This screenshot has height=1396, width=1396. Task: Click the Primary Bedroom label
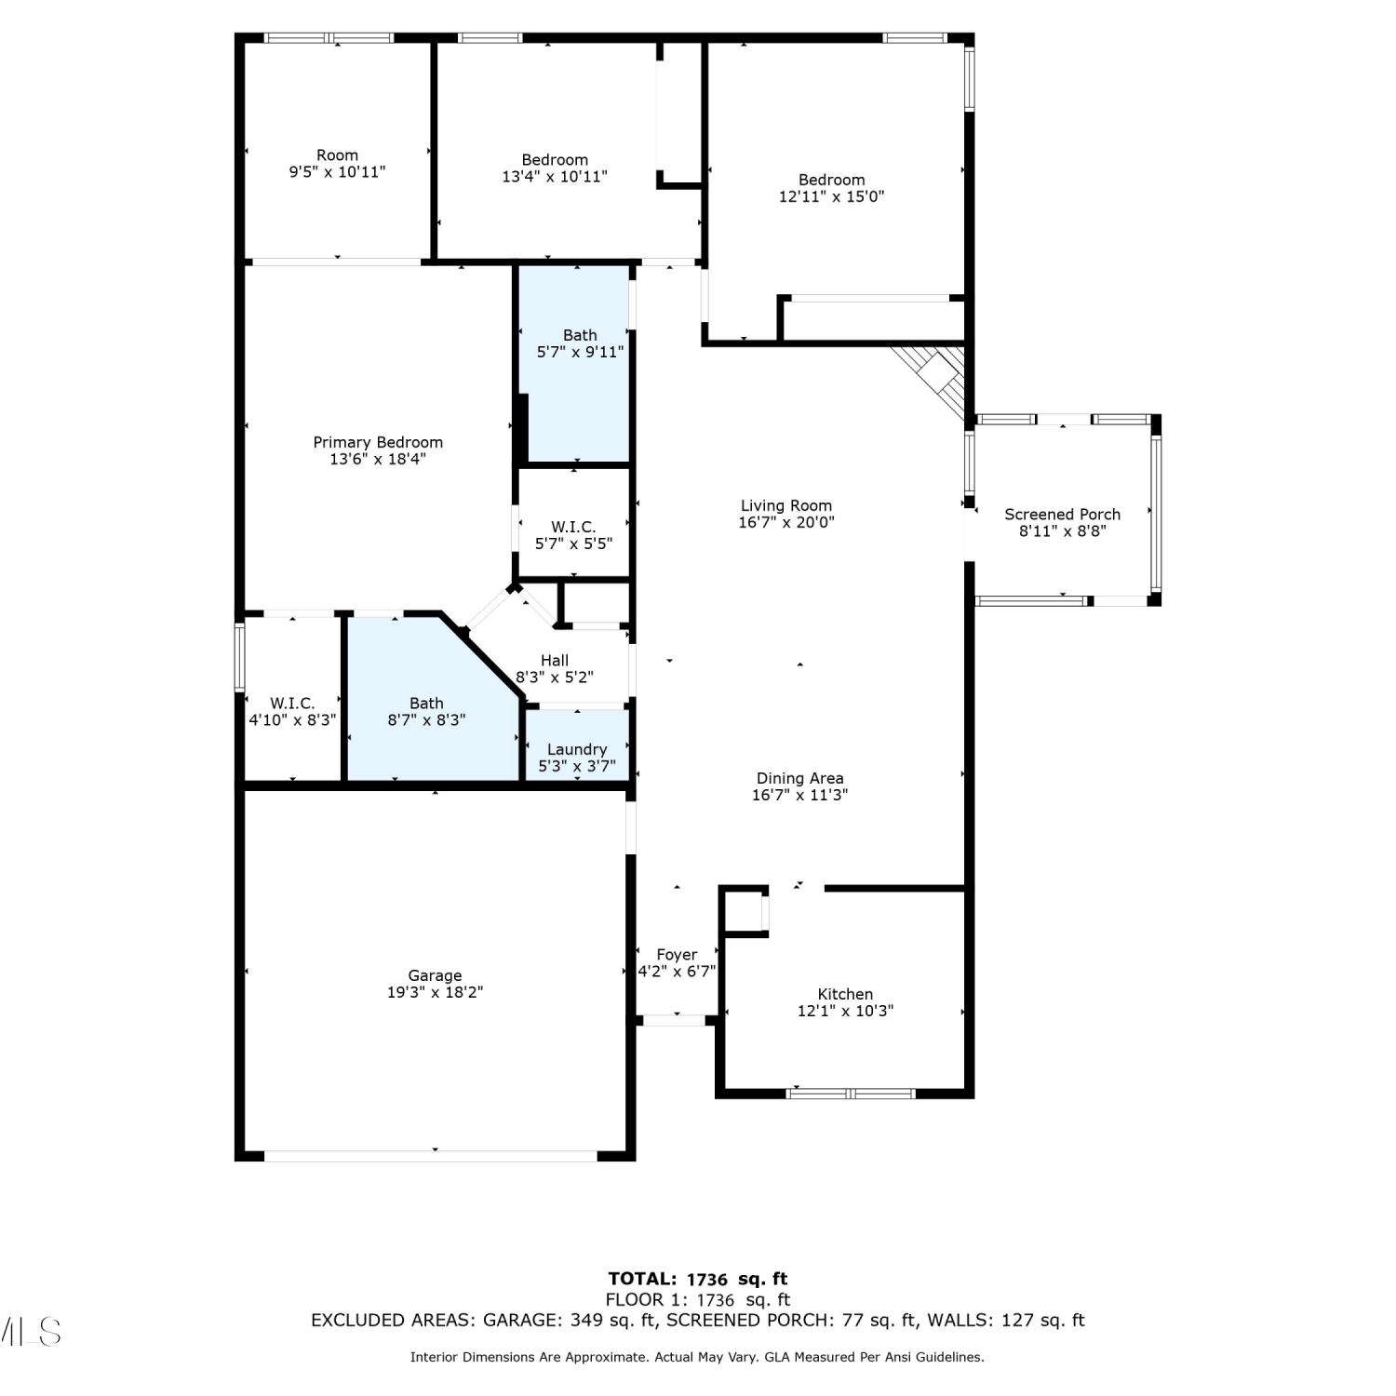[378, 442]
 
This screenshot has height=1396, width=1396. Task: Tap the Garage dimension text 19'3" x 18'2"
[435, 992]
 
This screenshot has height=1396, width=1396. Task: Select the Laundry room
[577, 745]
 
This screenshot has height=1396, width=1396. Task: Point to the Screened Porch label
[1062, 514]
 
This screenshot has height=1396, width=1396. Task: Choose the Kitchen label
[845, 994]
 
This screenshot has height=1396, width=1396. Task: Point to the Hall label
[555, 661]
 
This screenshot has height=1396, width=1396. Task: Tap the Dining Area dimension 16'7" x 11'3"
[799, 795]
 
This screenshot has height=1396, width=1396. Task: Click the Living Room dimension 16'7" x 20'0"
[786, 522]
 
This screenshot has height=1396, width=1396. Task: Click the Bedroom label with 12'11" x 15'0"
[832, 180]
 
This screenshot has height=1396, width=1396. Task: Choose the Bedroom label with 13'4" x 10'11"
[555, 160]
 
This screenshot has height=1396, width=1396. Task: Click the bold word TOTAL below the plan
[642, 1279]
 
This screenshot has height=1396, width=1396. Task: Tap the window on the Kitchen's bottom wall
[852, 1094]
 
